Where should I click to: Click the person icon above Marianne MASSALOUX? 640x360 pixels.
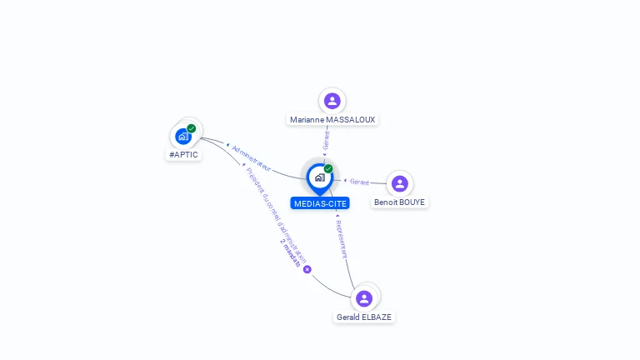tap(332, 101)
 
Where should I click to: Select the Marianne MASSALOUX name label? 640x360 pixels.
tap(332, 120)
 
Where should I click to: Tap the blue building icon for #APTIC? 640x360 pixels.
tap(183, 137)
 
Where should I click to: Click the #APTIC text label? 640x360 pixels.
tap(183, 155)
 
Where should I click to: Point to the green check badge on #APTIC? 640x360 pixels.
tap(192, 128)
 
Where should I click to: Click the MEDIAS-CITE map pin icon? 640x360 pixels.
tap(320, 179)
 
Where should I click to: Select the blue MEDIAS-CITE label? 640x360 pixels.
tap(320, 203)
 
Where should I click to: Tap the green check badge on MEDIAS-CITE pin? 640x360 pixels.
tap(328, 168)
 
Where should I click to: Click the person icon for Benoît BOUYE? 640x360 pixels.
tap(400, 183)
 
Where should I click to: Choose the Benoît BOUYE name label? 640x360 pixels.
tap(400, 202)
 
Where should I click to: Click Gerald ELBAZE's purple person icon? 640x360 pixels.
tap(364, 298)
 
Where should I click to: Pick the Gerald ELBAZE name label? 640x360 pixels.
tap(364, 317)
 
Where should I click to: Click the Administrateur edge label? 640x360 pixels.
tap(251, 158)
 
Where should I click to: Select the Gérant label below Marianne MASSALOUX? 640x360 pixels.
tap(326, 140)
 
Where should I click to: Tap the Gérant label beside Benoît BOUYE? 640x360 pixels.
tap(359, 182)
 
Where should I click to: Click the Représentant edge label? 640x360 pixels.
tap(342, 239)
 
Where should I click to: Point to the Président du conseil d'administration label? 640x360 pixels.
tap(276, 216)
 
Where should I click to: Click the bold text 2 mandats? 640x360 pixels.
tap(290, 253)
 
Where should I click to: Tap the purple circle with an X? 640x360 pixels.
tap(307, 269)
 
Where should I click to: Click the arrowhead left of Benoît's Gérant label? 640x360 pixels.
tap(345, 180)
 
